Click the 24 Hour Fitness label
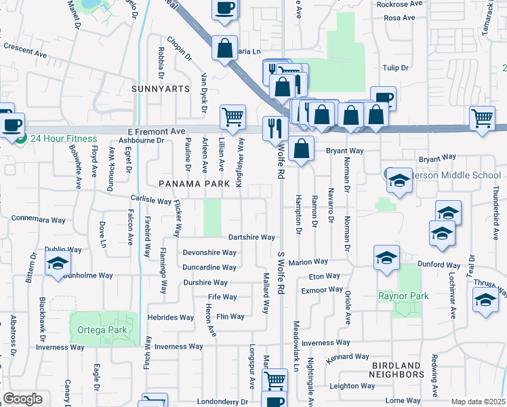pyautogui.click(x=64, y=138)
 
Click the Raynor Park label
pyautogui.click(x=403, y=296)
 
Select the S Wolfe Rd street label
pyautogui.click(x=280, y=160)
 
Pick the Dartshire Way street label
pyautogui.click(x=251, y=237)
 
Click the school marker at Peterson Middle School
pyautogui.click(x=399, y=180)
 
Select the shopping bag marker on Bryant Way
pyautogui.click(x=300, y=149)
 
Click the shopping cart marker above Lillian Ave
pyautogui.click(x=232, y=116)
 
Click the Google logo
pyautogui.click(x=22, y=399)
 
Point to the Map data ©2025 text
pyautogui.click(x=478, y=402)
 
